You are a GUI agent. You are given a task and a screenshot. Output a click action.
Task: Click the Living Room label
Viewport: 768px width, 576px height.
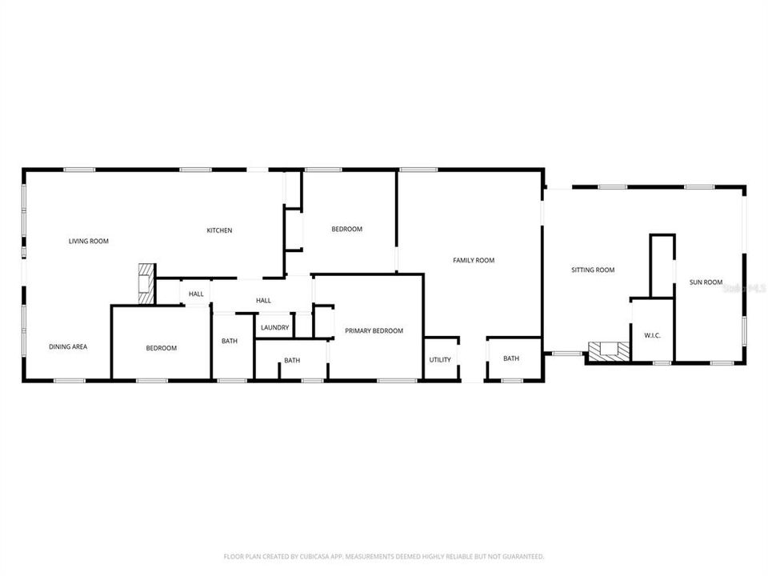88,241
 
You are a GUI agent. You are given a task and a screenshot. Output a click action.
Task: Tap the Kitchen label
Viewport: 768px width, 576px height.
219,230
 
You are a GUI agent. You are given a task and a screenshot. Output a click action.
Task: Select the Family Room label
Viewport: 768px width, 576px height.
474,260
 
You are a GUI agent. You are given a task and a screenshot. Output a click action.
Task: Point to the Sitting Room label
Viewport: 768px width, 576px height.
593,270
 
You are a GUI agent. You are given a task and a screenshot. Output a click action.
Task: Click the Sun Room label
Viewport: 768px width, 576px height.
706,282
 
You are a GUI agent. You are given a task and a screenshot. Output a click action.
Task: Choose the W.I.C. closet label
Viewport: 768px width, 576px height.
652,335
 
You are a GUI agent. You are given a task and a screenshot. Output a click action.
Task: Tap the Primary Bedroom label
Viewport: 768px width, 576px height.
374,331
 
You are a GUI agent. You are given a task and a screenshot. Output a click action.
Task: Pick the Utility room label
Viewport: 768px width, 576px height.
440,360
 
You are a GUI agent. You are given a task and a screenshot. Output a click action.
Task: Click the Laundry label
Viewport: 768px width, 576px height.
274,328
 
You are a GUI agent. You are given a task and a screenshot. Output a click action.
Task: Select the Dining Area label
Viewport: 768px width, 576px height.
68,346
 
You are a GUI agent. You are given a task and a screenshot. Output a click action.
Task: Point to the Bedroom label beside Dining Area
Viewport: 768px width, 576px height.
161,348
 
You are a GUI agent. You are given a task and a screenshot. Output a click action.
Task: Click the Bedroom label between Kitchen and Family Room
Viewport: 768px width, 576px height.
346,229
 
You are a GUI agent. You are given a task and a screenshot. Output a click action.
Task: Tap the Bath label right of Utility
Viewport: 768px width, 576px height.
511,358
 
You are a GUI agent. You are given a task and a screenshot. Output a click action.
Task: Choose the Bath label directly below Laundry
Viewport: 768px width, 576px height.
292,361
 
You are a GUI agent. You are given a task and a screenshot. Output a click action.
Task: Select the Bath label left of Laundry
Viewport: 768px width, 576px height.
230,342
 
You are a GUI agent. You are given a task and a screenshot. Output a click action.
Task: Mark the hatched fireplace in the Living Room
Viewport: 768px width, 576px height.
145,283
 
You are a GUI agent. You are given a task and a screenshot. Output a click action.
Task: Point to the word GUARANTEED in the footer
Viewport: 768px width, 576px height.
519,556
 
